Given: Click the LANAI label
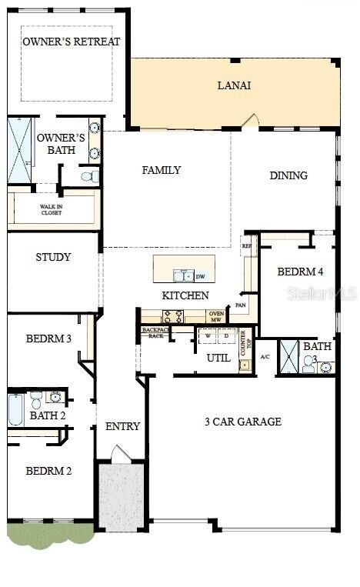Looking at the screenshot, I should [x=235, y=85].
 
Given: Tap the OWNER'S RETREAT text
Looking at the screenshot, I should [x=71, y=42].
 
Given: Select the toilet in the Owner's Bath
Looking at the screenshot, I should [x=90, y=176].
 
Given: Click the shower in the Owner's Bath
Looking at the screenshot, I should [x=20, y=150].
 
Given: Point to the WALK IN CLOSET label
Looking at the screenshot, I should [x=52, y=209].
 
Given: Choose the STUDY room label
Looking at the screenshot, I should [x=53, y=257].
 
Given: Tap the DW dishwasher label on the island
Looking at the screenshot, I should [x=200, y=276].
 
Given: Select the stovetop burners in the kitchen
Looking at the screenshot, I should [x=172, y=315].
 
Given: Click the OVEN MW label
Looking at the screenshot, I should [x=216, y=316].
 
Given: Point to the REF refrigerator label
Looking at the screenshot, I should [x=247, y=246].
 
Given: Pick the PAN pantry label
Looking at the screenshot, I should [x=241, y=305].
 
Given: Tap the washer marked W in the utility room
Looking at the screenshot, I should [x=208, y=336].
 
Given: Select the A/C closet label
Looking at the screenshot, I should [x=265, y=357].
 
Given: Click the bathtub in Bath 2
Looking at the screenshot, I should [x=17, y=411].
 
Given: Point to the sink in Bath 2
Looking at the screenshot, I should [x=55, y=398].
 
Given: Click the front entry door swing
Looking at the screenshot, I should [x=120, y=455].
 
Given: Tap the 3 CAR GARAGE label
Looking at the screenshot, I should [x=242, y=422].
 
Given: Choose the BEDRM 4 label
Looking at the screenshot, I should [x=295, y=272].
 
